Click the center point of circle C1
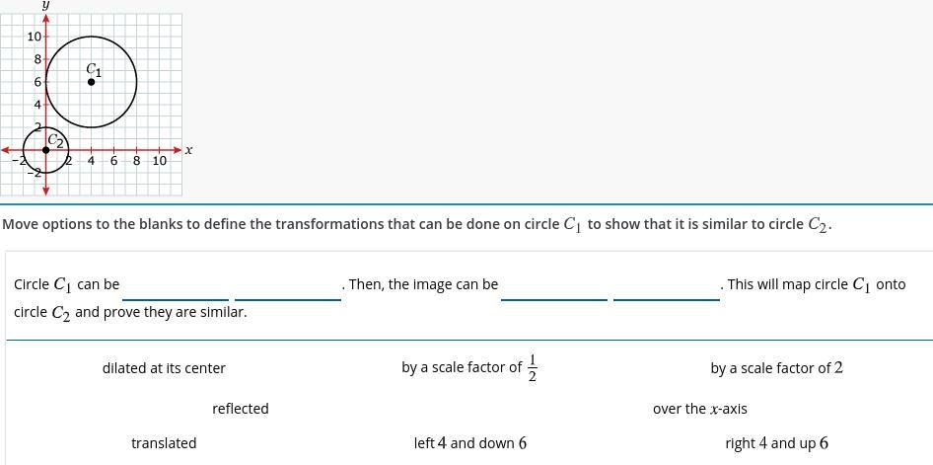tap(92, 82)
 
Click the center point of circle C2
tap(46, 150)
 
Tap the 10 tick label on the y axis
tap(35, 37)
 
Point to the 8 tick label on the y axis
tap(37, 59)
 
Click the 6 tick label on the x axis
tap(113, 161)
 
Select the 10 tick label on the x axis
tap(159, 161)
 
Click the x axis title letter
tap(188, 150)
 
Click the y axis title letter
tap(46, 5)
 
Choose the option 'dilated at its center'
tap(164, 368)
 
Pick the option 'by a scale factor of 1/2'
tap(469, 367)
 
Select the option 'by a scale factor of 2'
tap(776, 368)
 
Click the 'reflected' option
tap(241, 409)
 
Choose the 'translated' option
tap(164, 443)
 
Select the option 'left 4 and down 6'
tap(469, 443)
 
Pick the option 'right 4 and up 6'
tap(776, 443)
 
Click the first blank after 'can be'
tap(176, 286)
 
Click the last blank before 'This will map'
tap(667, 286)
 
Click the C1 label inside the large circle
tap(94, 70)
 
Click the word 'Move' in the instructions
tap(20, 224)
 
